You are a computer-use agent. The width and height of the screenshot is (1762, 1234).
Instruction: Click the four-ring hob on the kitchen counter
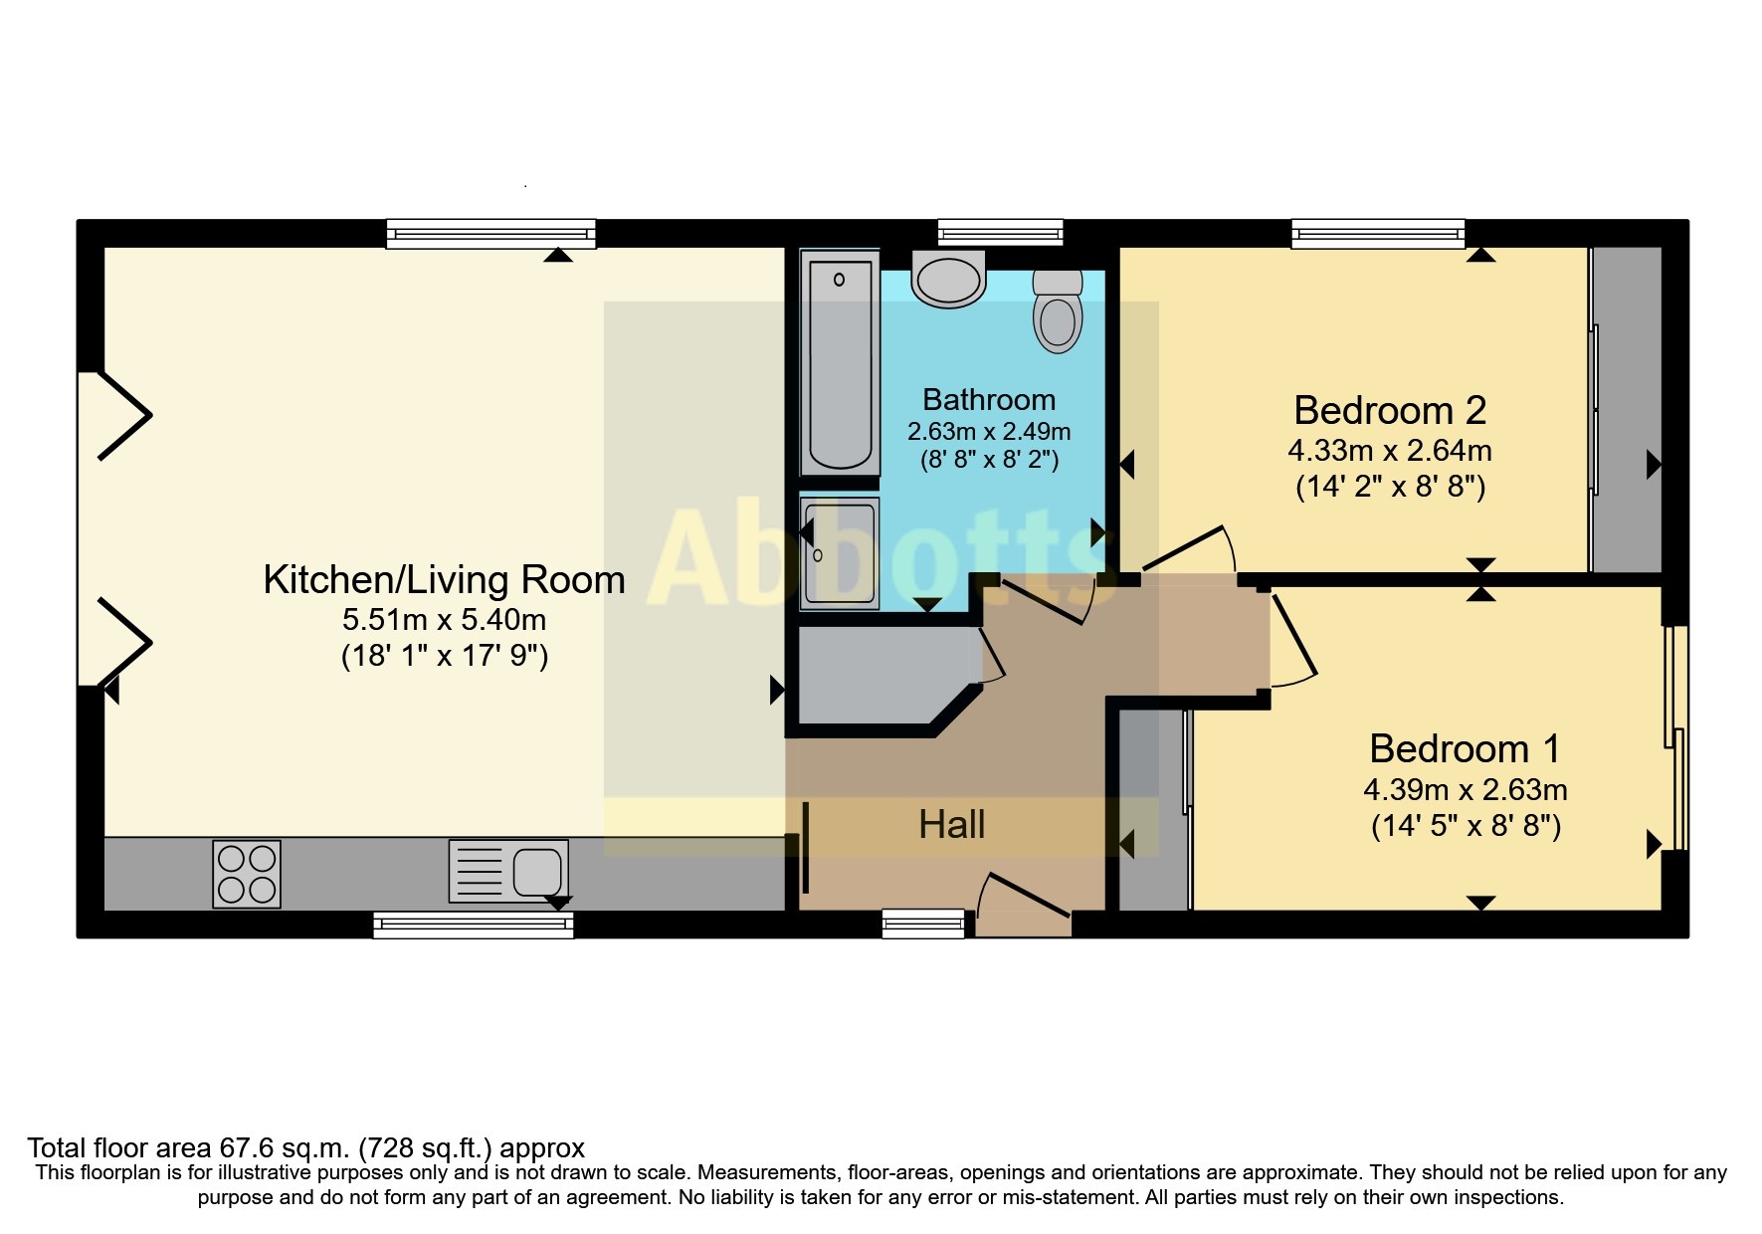pos(247,874)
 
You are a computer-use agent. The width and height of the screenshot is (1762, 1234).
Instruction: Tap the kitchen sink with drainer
pos(508,872)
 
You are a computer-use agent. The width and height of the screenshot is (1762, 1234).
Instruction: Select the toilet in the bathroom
pos(1058,310)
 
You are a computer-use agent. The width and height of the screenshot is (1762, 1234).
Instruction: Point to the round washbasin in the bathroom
pos(948,278)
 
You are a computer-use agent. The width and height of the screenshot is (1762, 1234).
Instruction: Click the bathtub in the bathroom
pos(840,363)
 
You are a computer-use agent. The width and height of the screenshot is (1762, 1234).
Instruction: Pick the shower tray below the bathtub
pos(840,553)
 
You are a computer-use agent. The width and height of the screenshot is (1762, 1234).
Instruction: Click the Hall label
pos(952,825)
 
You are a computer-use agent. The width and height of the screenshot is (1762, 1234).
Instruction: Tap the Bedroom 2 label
pos(1390,410)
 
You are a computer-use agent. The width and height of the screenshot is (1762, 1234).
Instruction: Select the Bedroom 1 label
pos(1466,748)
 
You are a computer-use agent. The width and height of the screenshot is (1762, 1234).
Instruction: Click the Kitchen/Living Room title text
pos(444,579)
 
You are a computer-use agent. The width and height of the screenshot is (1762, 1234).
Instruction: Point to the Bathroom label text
pos(989,400)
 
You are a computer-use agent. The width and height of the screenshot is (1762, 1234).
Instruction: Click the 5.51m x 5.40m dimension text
pos(444,620)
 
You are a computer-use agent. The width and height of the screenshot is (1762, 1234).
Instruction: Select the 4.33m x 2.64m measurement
pos(1390,451)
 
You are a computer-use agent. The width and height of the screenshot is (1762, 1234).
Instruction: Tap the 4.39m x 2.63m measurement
pos(1466,790)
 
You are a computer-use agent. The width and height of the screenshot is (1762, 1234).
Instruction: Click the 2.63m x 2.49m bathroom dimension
pos(989,432)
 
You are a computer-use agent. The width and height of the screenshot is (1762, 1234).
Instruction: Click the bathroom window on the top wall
pos(1001,233)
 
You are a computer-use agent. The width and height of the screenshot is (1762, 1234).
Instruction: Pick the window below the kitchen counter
pos(474,925)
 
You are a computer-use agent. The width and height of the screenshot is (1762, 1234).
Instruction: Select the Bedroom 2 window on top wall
pos(1378,233)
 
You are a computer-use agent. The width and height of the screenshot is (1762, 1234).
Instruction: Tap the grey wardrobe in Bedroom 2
pos(1626,410)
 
